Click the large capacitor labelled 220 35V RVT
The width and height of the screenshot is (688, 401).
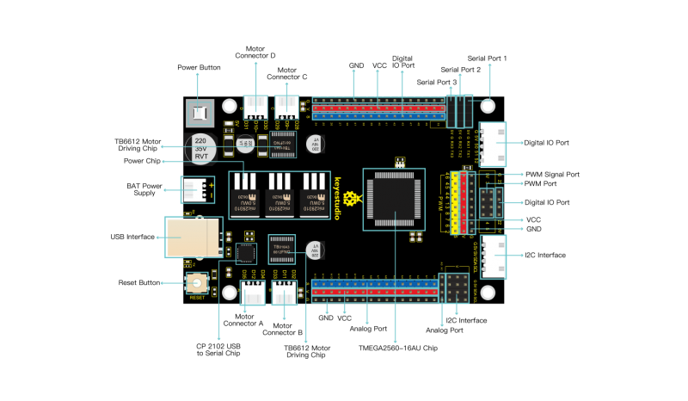pos(200,148)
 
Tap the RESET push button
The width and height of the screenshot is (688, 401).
pos(197,283)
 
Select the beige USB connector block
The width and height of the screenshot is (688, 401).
pos(193,238)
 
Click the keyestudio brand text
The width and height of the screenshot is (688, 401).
pos(337,199)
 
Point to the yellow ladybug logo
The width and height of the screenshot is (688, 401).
pos(351,199)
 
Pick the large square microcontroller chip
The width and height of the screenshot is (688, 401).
pos(394,199)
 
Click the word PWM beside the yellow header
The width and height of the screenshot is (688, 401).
pos(440,203)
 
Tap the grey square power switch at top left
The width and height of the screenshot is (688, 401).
pos(200,113)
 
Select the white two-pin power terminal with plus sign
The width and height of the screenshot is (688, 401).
pos(197,190)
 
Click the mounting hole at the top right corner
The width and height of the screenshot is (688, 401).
pos(488,106)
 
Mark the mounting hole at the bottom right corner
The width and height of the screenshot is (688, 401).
pos(488,293)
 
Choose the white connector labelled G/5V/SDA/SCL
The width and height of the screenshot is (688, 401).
pos(493,256)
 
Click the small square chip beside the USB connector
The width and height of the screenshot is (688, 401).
pos(246,253)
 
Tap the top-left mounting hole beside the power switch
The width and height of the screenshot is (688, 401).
pos(230,106)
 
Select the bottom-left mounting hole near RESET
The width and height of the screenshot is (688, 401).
pos(230,293)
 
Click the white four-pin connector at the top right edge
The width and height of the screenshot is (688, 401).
pos(493,144)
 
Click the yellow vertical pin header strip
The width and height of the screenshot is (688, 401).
pos(454,203)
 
